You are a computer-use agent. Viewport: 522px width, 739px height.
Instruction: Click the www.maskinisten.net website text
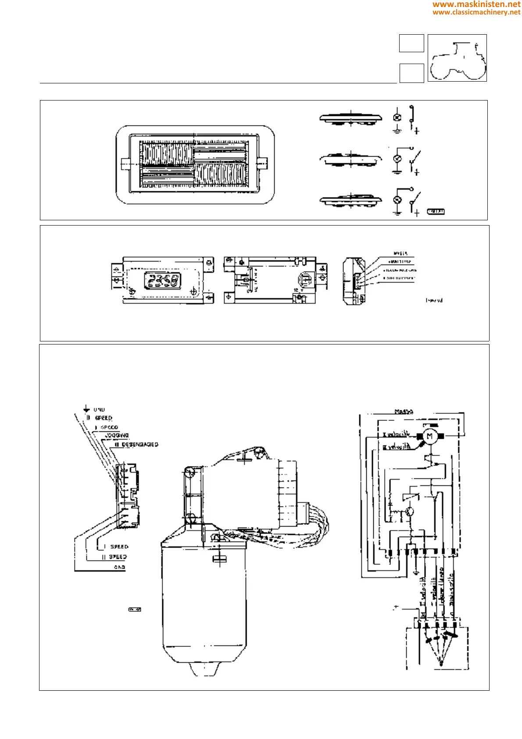point(476,4)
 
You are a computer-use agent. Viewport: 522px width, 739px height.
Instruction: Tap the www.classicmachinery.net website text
point(476,12)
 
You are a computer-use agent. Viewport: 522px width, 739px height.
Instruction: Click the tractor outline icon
point(457,58)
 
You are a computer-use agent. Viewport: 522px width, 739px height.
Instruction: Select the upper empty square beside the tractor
point(411,43)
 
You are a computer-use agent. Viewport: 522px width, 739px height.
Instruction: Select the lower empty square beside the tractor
point(411,73)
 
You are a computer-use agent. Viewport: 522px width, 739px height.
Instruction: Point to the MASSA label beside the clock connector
point(400,254)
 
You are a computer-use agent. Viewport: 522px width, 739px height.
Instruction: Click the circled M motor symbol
point(429,436)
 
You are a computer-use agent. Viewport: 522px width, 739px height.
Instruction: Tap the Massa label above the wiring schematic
point(404,412)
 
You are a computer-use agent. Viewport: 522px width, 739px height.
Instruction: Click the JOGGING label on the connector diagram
point(117,435)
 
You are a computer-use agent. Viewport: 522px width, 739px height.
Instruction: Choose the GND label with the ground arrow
point(99,409)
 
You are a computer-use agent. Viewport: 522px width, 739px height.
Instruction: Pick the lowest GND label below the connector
point(119,567)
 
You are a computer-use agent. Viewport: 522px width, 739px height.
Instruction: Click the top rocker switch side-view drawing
point(350,118)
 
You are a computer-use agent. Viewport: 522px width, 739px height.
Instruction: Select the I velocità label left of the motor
point(396,435)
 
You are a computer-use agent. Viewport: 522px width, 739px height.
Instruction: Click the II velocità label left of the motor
point(397,447)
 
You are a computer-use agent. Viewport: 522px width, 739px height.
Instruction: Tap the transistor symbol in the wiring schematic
point(410,511)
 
